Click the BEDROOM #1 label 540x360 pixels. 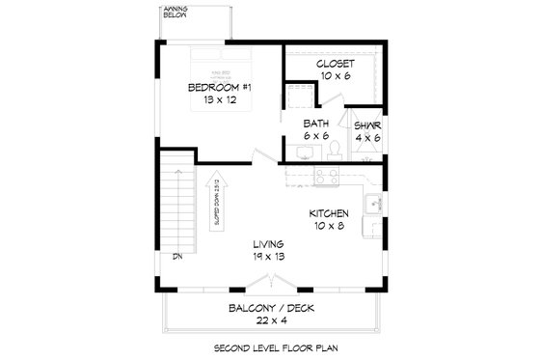pyautogui.click(x=220, y=88)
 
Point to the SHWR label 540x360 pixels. pyautogui.click(x=366, y=125)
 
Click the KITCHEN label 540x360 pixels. pyautogui.click(x=329, y=213)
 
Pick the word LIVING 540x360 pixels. pyautogui.click(x=269, y=244)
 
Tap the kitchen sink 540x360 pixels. pyautogui.click(x=371, y=203)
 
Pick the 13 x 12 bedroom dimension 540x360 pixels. pyautogui.click(x=220, y=101)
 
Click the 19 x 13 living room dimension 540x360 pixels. pyautogui.click(x=269, y=258)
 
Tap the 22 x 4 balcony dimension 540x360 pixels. pyautogui.click(x=272, y=321)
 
